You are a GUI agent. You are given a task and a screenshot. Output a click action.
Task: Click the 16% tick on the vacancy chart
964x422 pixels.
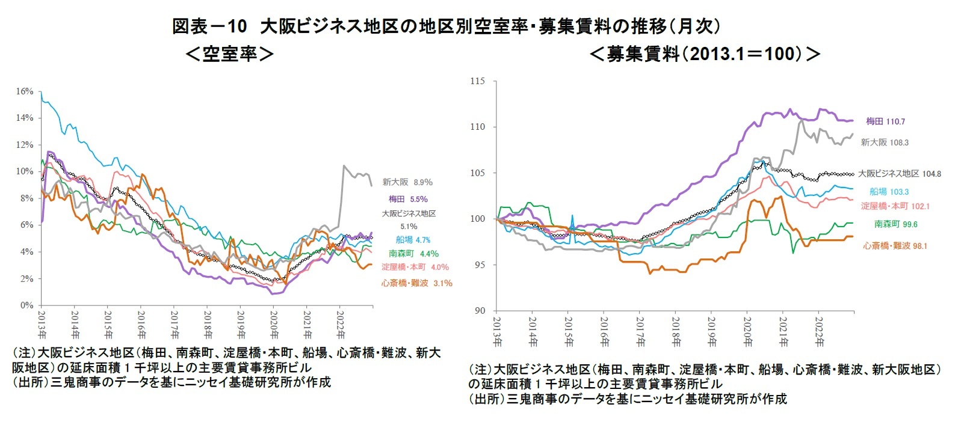pos(25,91)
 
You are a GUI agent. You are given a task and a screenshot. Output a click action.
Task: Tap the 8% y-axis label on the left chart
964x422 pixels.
pos(26,198)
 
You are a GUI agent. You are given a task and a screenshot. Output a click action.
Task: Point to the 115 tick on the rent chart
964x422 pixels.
pos(478,81)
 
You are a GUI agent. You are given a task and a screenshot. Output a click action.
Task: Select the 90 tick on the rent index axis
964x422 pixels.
pos(480,311)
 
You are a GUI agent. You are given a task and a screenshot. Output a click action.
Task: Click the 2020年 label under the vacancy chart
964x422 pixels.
pos(274,325)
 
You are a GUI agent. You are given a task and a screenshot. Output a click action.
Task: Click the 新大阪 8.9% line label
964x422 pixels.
pos(407,182)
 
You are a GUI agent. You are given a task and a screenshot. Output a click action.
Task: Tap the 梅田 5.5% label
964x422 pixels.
pos(407,199)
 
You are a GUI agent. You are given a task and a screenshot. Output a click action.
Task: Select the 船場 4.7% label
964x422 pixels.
pos(413,240)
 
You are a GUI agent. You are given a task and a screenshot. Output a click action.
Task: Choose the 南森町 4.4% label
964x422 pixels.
pos(413,254)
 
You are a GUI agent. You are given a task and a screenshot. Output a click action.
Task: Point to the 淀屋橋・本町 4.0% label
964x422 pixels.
pos(415,267)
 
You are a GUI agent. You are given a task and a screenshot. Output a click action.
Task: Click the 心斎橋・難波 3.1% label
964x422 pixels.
pos(416,283)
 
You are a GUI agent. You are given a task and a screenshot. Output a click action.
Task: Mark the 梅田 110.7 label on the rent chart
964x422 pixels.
pos(885,121)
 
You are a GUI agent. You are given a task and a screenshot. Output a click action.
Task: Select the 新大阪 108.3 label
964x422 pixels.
pos(885,142)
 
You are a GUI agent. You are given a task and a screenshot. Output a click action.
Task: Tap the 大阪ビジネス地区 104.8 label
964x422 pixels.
pos(900,174)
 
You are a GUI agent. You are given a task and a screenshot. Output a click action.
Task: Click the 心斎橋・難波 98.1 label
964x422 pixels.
pos(895,246)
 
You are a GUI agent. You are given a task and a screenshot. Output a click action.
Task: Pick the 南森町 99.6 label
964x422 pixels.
pos(896,224)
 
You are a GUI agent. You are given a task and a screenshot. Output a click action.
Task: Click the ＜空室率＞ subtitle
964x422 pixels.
pos(229,55)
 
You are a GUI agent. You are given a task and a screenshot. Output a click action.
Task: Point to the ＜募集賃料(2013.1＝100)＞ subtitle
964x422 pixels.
pos(705,55)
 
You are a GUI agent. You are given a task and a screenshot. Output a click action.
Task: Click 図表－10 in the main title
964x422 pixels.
pos(209,26)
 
